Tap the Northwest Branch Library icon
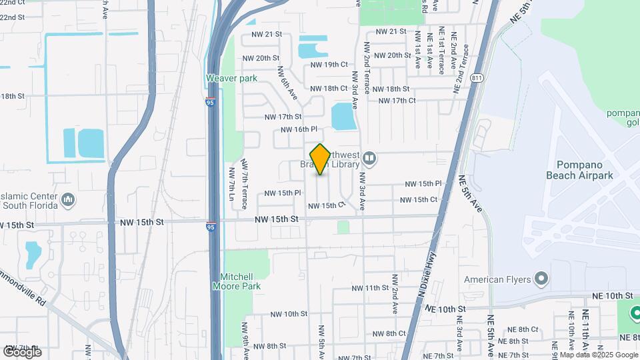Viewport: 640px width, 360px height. point(370,159)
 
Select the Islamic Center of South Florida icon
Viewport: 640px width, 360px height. point(68,199)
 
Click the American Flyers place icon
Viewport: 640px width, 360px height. point(541,279)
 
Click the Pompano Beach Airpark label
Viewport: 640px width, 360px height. point(588,170)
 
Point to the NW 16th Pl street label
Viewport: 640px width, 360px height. point(297,129)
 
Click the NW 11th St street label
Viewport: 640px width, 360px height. point(370,288)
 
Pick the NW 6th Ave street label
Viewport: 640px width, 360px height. point(287,83)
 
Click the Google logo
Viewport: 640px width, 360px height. point(22,351)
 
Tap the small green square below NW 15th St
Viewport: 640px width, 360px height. point(343,227)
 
